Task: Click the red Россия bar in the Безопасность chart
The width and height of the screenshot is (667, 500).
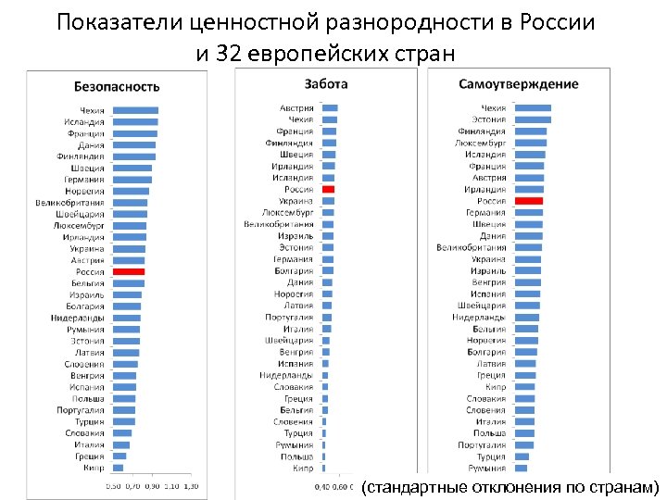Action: (x=128, y=272)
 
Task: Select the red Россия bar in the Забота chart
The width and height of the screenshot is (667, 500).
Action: (x=328, y=189)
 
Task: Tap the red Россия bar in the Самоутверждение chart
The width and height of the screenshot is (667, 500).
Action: (x=528, y=201)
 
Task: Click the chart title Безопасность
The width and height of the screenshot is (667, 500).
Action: (x=117, y=87)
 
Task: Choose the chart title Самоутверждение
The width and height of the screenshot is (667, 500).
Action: (x=519, y=84)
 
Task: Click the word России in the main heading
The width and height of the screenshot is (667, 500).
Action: (x=562, y=21)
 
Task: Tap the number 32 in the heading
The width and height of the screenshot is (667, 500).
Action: (x=225, y=53)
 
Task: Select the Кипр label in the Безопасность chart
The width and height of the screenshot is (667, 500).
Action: (x=94, y=468)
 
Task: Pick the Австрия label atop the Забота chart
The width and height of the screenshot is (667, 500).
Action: (x=296, y=108)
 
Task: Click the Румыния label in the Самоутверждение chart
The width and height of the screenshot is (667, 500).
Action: (x=487, y=469)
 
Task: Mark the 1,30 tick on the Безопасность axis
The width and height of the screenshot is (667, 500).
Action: (x=190, y=485)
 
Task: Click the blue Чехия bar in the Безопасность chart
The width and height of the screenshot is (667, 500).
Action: (x=134, y=110)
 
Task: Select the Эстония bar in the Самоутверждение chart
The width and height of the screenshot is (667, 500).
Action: (x=532, y=119)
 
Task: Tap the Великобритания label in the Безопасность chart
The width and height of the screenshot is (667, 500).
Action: (x=70, y=203)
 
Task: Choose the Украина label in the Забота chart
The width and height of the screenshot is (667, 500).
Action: (x=296, y=201)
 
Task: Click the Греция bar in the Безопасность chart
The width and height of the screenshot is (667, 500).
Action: (x=120, y=456)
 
